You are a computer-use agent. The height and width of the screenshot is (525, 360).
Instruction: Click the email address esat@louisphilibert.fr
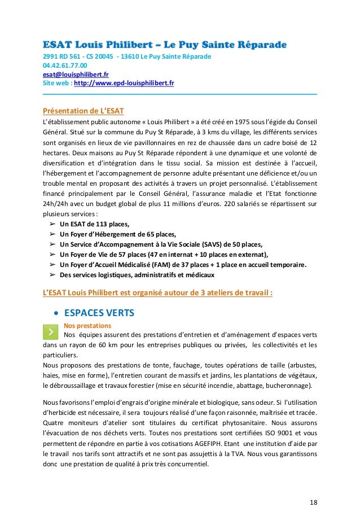pyautogui.click(x=76, y=74)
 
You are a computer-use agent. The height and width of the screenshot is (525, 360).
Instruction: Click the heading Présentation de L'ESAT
pyautogui.click(x=84, y=110)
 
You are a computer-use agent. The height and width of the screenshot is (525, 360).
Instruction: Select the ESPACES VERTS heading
pyautogui.click(x=99, y=313)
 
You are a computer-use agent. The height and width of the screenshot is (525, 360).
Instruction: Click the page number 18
pyautogui.click(x=312, y=501)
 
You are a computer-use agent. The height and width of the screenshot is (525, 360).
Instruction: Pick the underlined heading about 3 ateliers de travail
pyautogui.click(x=158, y=293)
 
